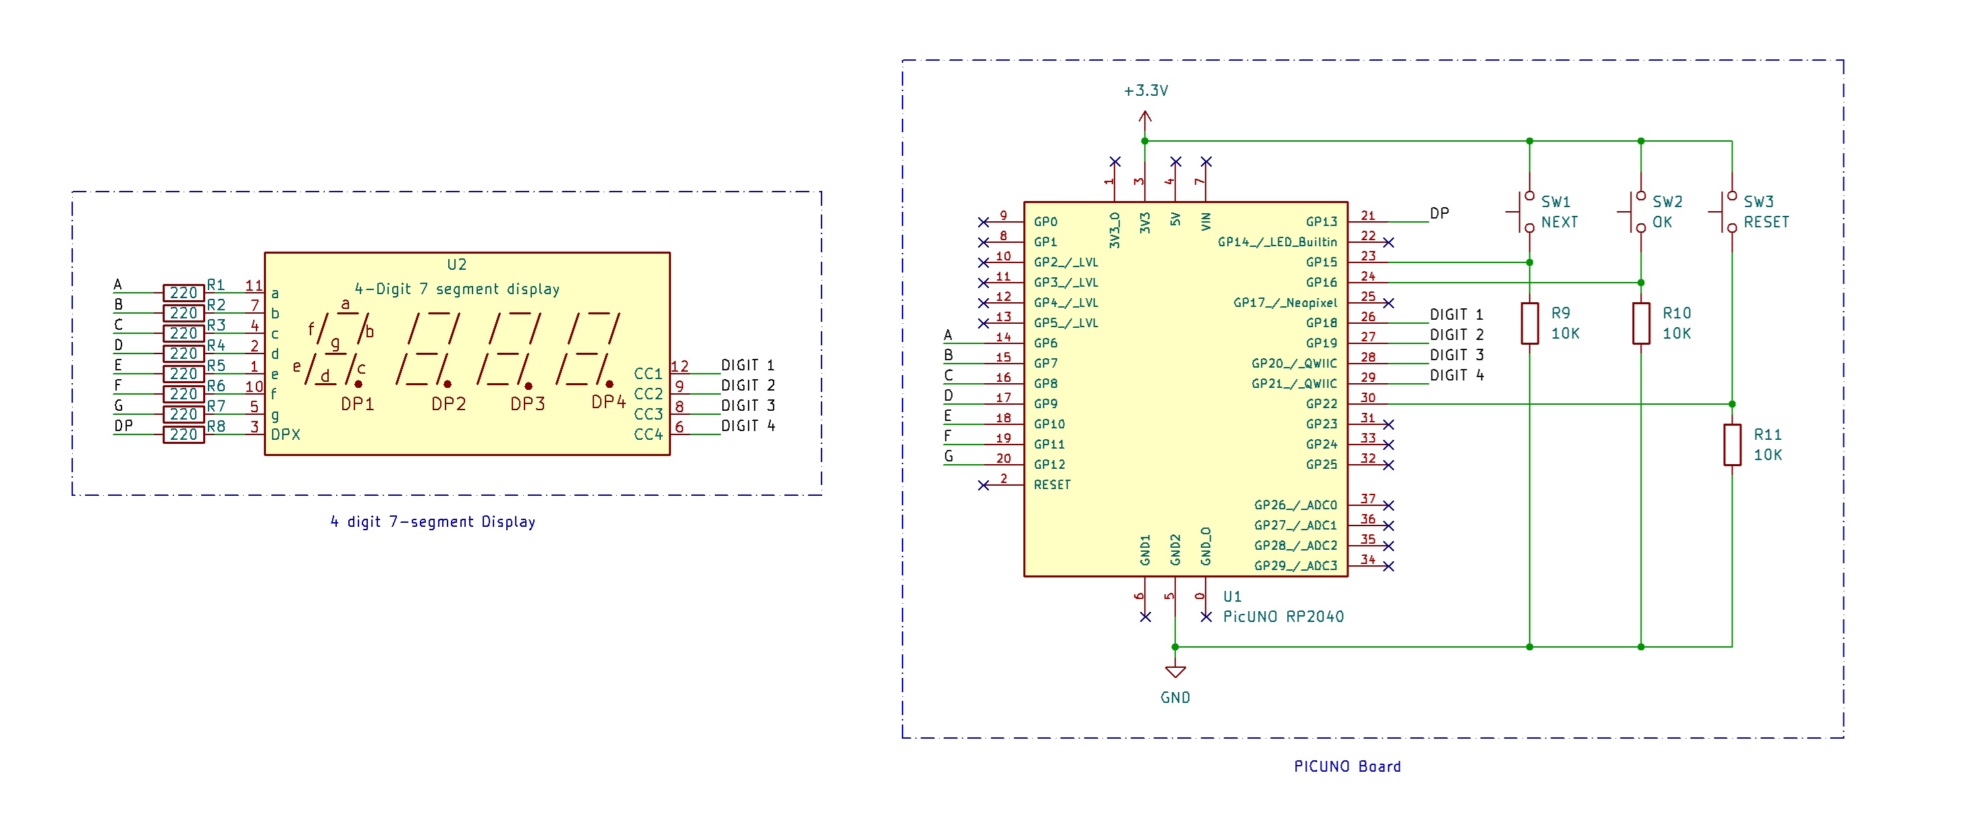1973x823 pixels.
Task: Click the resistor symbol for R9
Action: coord(1529,323)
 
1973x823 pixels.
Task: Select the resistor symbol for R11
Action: coord(1732,445)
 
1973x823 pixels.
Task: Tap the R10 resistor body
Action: coord(1641,323)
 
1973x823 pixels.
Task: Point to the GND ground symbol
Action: coord(1175,672)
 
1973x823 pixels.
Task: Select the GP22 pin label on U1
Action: coord(1321,403)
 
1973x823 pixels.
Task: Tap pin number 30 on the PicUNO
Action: coord(1368,397)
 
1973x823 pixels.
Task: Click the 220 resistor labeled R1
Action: coord(184,293)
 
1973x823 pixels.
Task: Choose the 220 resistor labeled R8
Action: coord(184,434)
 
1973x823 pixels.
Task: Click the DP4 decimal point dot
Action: coord(609,385)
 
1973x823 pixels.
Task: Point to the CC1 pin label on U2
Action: coord(648,374)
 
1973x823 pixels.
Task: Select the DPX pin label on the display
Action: coord(285,434)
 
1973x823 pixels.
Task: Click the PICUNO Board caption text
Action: coord(1347,766)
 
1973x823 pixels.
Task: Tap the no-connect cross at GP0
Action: coord(983,222)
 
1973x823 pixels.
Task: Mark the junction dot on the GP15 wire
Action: coord(1530,262)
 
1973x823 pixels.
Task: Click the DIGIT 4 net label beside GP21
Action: coord(1456,375)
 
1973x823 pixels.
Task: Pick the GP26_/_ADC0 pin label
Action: coord(1295,505)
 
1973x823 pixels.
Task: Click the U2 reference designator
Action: coord(456,264)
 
